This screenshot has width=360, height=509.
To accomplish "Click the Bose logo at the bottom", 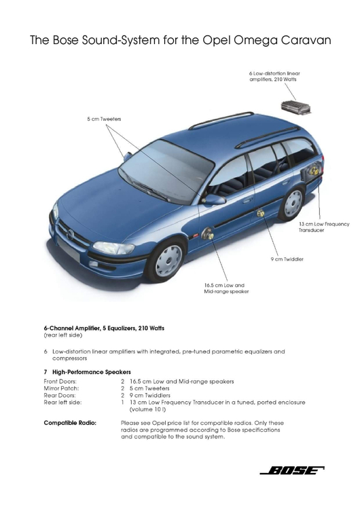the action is pos(292,470).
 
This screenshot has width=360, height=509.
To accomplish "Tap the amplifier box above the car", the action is pos(295,107).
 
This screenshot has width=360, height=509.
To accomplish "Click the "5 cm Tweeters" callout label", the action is pos(104,119).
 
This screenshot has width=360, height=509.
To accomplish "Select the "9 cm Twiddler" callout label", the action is pos(287,259).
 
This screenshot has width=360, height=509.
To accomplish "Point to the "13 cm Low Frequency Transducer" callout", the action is pos(324,227).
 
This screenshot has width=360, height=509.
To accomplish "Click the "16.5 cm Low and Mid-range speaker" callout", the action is pos(226,288).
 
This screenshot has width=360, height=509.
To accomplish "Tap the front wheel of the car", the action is pos(167,259).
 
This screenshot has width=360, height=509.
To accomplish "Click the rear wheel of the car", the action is pos(293,204).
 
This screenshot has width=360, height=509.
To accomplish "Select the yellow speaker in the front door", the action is pos(208,233).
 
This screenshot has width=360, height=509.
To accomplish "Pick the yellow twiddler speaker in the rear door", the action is pos(260,213).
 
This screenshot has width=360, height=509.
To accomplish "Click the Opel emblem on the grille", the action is pos(71,234).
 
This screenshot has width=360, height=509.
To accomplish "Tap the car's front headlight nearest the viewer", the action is pos(113,248).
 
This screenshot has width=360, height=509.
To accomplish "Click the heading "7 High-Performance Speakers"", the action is pos(88,372).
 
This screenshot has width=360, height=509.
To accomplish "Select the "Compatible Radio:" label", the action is pos(70,423).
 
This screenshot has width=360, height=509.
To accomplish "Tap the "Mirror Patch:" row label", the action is pos(61,388).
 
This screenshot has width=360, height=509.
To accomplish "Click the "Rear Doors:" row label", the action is pos(60,396).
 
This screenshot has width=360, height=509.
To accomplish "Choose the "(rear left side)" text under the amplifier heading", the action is pos(63,335).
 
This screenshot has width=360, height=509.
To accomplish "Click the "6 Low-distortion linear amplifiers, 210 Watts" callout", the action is pos(274,76).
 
